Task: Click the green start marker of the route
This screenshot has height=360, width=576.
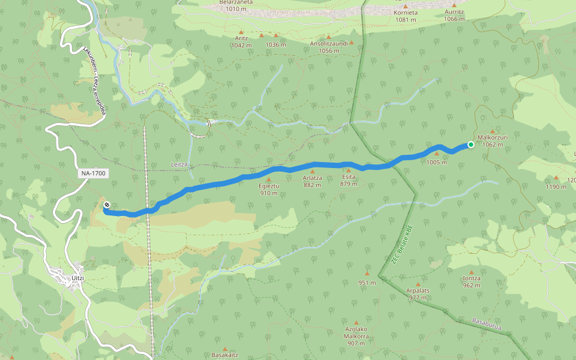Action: pyautogui.click(x=471, y=145)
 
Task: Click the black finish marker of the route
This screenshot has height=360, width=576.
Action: pyautogui.click(x=106, y=206)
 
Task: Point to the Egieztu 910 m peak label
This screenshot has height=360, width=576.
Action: pyautogui.click(x=268, y=190)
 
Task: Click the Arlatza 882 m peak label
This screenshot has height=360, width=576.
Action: pyautogui.click(x=313, y=181)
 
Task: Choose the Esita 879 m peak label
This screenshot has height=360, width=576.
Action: pyautogui.click(x=349, y=181)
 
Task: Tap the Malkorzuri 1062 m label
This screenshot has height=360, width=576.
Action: pyautogui.click(x=493, y=140)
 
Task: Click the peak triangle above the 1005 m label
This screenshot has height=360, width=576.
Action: pyautogui.click(x=437, y=153)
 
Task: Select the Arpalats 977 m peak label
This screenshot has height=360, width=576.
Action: pyautogui.click(x=418, y=294)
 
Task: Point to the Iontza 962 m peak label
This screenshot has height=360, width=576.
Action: pyautogui.click(x=472, y=281)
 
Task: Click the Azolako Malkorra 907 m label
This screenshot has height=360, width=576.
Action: pyautogui.click(x=356, y=336)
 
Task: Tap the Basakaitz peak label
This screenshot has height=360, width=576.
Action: pyautogui.click(x=225, y=355)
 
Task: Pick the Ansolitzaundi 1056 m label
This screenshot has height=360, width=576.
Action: pyautogui.click(x=329, y=47)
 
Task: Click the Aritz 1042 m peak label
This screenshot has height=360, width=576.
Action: pyautogui.click(x=241, y=41)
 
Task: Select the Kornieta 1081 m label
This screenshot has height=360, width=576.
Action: pyautogui.click(x=406, y=16)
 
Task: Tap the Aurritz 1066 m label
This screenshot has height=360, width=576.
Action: pyautogui.click(x=454, y=16)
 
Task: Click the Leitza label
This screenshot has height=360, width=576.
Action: pyautogui.click(x=179, y=164)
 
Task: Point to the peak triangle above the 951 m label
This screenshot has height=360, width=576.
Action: pyautogui.click(x=367, y=273)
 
